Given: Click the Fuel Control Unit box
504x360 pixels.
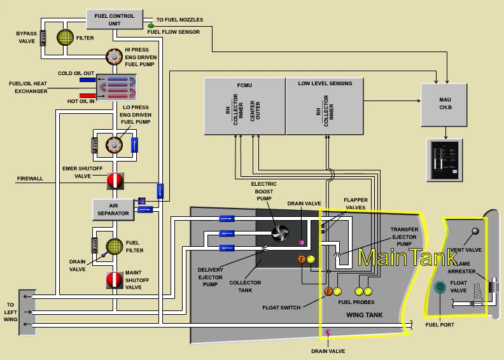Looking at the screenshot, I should [x=115, y=19].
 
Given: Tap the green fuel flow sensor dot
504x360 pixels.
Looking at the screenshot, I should [x=151, y=25].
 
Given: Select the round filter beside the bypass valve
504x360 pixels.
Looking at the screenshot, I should [x=66, y=38].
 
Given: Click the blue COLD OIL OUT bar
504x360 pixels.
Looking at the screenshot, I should [x=87, y=81].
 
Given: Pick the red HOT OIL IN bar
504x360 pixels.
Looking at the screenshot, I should [x=88, y=96].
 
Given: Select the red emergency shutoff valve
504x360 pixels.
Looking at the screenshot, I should [x=115, y=181].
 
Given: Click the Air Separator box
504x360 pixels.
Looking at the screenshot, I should [x=114, y=209].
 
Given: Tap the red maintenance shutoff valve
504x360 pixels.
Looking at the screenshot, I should [x=115, y=280].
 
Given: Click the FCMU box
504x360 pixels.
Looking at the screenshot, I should [x=244, y=106].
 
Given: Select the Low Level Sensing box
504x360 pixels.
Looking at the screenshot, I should [x=325, y=106].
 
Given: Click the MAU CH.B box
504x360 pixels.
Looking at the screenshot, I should [x=445, y=104].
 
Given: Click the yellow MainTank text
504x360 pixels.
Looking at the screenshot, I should [x=407, y=258].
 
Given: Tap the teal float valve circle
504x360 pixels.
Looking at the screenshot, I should [x=440, y=287].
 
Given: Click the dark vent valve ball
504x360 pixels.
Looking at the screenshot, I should [x=474, y=231].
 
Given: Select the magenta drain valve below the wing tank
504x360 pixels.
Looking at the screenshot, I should [x=328, y=333].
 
